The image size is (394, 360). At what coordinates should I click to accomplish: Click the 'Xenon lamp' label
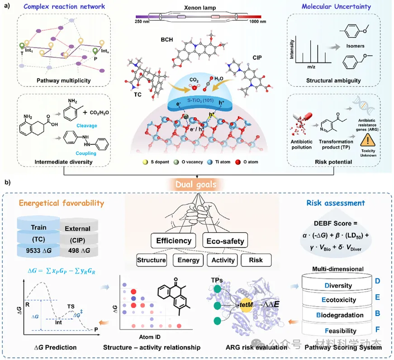click(200, 8)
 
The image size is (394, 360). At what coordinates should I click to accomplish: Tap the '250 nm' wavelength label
click(142, 22)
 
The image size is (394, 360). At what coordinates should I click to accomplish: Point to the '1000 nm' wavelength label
click(257, 22)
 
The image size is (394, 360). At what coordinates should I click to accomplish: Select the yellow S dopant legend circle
click(145, 162)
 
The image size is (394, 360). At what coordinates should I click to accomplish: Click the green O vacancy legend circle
click(176, 162)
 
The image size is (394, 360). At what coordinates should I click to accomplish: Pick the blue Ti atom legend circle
click(210, 162)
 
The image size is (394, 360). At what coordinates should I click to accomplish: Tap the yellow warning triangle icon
click(368, 140)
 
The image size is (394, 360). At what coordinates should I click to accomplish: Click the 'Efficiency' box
click(174, 240)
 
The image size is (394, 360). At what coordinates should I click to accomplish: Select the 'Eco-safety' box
click(225, 240)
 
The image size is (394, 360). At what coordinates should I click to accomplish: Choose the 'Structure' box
click(151, 260)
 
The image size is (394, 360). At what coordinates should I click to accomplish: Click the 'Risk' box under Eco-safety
click(256, 260)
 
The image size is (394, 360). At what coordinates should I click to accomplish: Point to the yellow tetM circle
click(246, 305)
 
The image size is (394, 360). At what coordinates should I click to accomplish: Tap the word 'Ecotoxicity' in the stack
click(339, 300)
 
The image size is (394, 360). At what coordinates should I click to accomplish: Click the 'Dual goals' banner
click(196, 184)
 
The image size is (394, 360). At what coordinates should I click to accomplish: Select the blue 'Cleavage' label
click(87, 125)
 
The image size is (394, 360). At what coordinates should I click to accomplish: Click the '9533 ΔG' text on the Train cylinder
click(39, 250)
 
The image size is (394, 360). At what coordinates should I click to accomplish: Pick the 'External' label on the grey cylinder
click(77, 228)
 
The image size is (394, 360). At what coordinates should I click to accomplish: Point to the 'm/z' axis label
click(311, 67)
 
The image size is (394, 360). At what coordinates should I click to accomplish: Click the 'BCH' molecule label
click(167, 40)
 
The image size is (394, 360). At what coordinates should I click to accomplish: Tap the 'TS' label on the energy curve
click(71, 307)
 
